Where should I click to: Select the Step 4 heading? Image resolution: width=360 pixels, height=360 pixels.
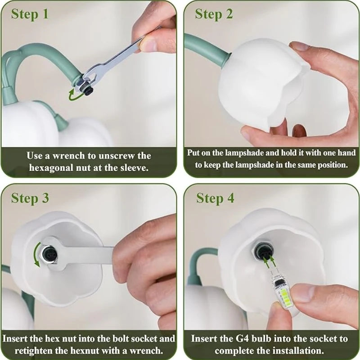(x=215, y=198)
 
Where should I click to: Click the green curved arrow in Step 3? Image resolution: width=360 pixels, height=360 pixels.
(x=36, y=255)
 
